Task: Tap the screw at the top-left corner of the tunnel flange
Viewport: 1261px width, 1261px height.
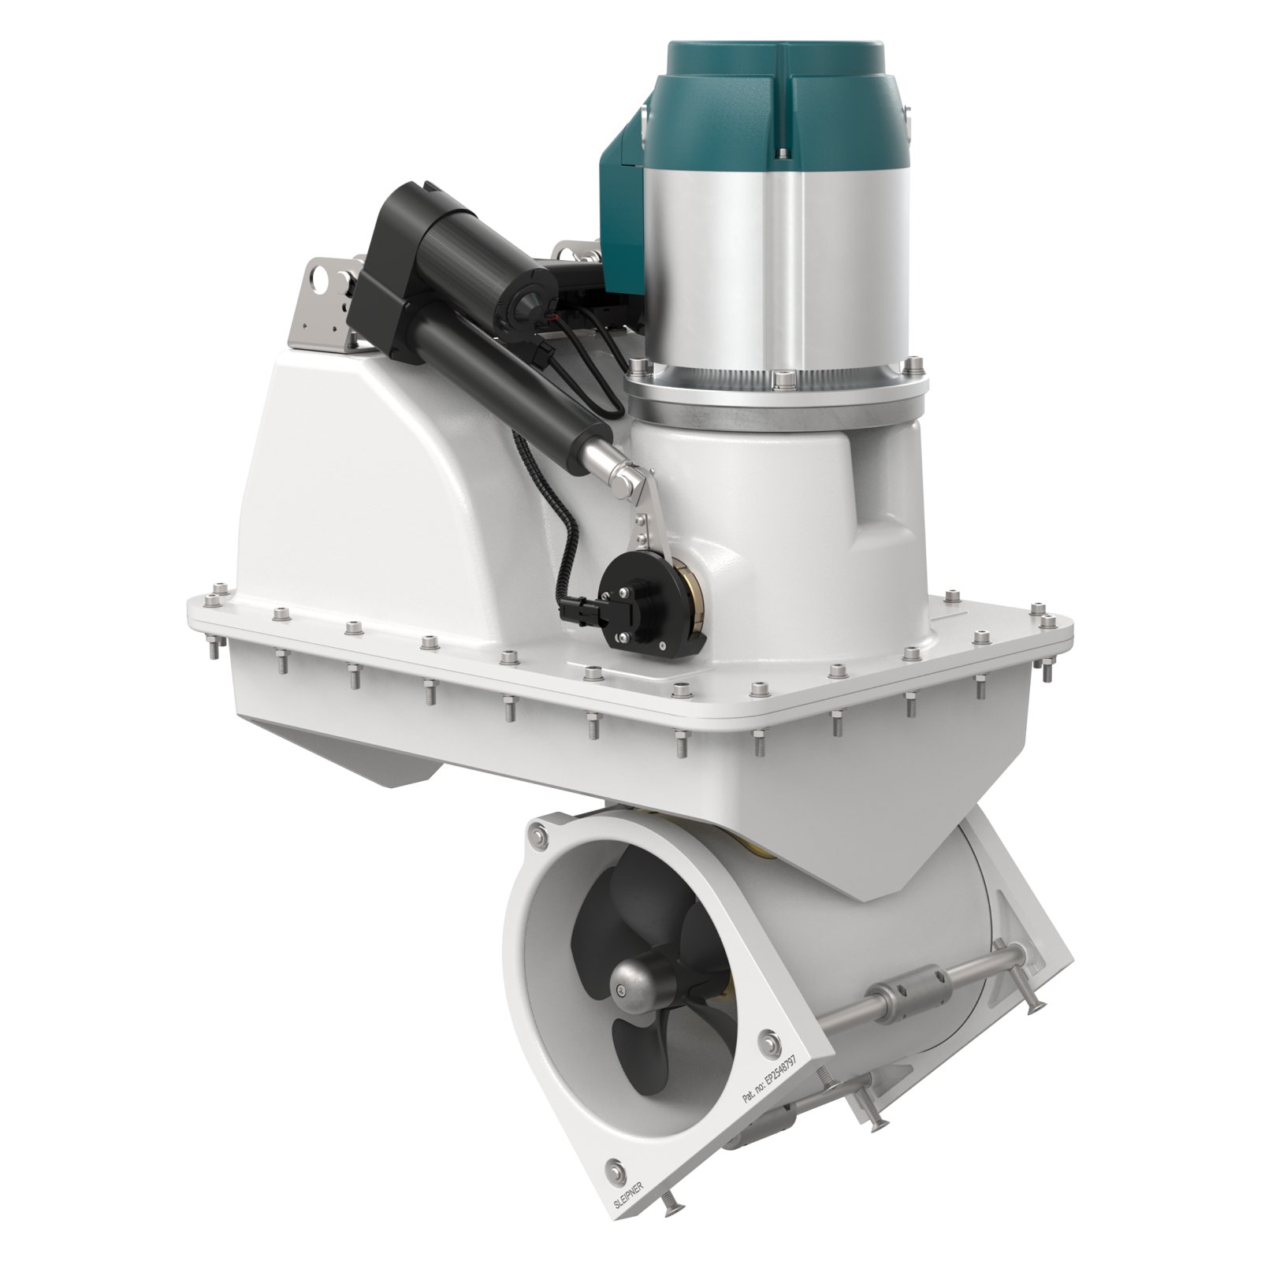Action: coord(539,838)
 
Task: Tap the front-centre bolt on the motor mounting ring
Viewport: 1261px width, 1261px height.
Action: coord(780,380)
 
